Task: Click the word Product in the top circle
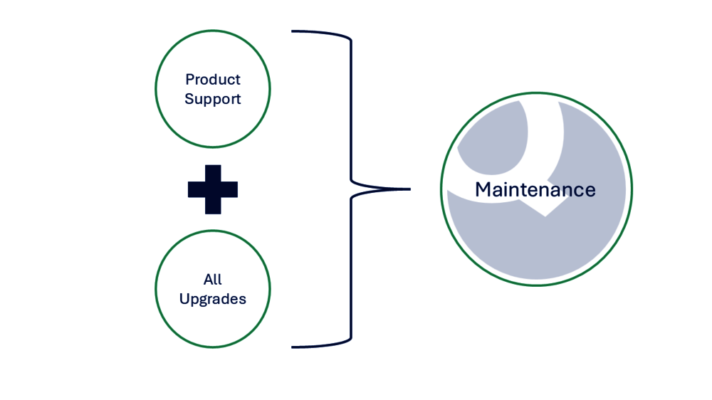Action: (213, 79)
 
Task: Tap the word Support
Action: (213, 99)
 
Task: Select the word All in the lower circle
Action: (212, 279)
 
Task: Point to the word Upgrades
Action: (213, 299)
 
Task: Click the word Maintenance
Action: (535, 189)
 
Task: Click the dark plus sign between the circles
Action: (213, 189)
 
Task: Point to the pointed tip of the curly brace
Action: (409, 189)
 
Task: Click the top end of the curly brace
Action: (293, 31)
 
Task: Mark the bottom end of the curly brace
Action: (293, 347)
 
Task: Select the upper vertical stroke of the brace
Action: (351, 107)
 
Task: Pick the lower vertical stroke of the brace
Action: (351, 270)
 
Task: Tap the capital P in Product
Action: (189, 79)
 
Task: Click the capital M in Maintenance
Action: (483, 189)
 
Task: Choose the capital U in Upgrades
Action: (184, 299)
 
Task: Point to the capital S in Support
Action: (189, 99)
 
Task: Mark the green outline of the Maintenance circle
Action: (441, 189)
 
